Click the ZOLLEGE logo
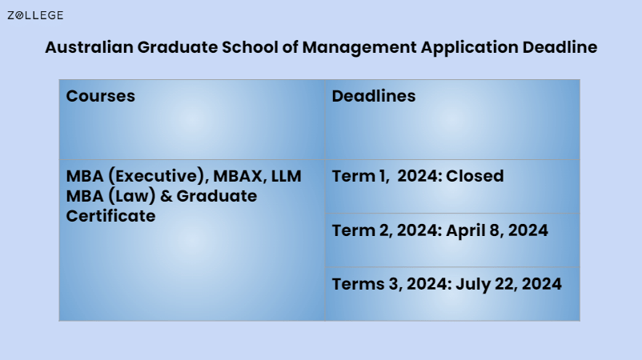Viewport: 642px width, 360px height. [x=35, y=15]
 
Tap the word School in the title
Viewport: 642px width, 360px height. [x=245, y=47]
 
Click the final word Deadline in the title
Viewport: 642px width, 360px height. [x=560, y=47]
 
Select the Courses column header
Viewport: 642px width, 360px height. [x=100, y=96]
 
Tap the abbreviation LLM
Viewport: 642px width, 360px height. [x=287, y=176]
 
